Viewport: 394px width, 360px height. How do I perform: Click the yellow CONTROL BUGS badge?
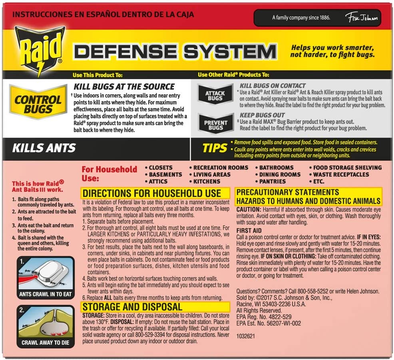pos(38,102)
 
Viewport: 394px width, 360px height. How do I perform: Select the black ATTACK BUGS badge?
pos(215,95)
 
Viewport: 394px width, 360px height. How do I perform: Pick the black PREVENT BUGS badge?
pos(216,125)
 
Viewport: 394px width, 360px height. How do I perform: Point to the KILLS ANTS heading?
pos(44,148)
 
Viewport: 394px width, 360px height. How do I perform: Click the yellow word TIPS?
pos(215,148)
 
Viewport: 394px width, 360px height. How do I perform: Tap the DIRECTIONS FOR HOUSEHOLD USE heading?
pos(152,193)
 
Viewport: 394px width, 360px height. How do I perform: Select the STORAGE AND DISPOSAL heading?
pos(132,307)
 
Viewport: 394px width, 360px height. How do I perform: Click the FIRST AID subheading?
pos(249,231)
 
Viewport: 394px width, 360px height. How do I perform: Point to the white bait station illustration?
pos(52,273)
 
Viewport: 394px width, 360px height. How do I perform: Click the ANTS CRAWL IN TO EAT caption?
pos(46,294)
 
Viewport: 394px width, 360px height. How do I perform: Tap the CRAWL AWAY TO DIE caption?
pos(46,343)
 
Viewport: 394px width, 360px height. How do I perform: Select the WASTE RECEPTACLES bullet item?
pos(339,175)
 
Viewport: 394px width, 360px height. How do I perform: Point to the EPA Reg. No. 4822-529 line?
pos(264,317)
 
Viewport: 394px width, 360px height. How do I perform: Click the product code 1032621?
pos(245,336)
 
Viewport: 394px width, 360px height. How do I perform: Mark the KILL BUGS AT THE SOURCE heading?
pos(124,87)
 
